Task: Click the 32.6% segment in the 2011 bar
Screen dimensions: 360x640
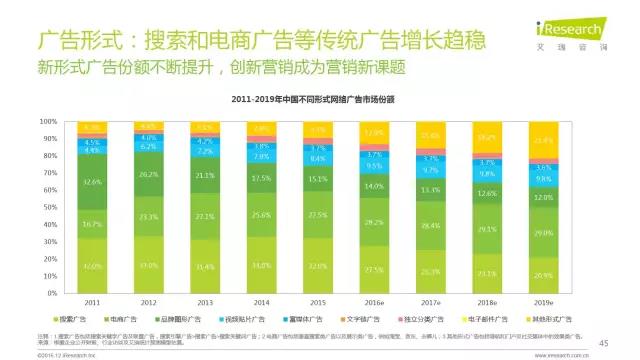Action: point(92,183)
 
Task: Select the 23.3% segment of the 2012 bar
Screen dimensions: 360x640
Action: point(148,217)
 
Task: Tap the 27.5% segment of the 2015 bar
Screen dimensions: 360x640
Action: point(318,215)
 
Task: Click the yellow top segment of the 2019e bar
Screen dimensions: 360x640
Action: point(545,140)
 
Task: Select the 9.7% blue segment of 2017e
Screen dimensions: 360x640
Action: point(432,172)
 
